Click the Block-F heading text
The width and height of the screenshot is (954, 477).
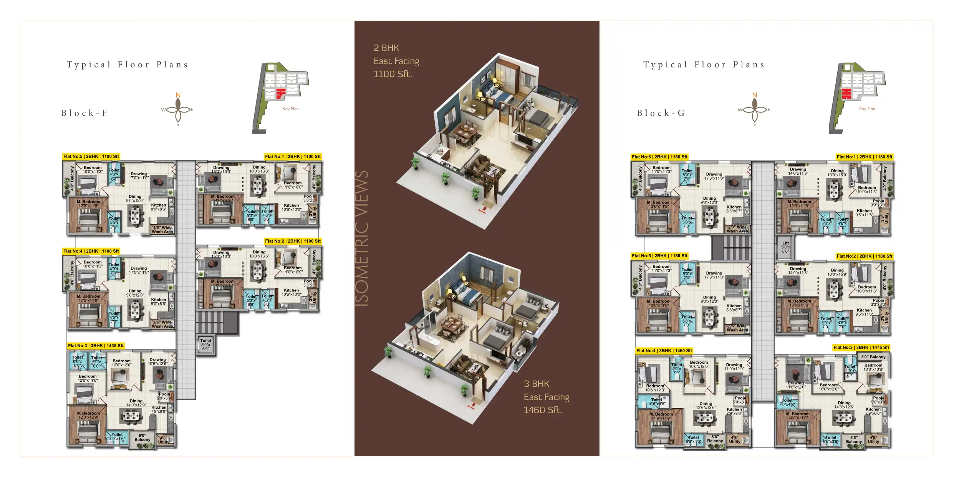84,113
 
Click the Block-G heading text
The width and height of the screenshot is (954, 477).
661,113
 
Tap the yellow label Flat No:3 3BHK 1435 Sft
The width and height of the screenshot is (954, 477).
96,346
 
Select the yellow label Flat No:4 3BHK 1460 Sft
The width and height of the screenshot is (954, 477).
664,351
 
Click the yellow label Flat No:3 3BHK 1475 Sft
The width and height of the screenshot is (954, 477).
861,347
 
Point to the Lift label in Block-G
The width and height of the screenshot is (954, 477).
785,243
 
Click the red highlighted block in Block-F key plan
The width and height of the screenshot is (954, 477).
281,93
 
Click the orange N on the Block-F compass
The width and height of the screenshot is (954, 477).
178,95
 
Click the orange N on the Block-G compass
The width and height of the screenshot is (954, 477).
755,95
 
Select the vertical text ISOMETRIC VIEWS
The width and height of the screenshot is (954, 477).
362,238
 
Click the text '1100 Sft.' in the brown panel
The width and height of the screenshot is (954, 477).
393,74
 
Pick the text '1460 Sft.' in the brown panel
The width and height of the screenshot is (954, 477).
543,410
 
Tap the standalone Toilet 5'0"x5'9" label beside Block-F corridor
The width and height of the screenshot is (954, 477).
205,344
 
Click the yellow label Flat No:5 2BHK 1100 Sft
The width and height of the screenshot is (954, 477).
91,156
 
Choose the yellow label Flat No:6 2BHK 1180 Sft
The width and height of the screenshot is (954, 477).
659,157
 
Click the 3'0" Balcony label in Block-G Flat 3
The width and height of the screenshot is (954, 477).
873,357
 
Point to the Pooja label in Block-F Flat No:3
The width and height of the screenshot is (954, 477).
164,394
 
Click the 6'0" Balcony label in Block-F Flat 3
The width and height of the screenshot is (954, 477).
142,437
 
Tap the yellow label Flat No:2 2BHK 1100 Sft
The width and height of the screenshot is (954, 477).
293,241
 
